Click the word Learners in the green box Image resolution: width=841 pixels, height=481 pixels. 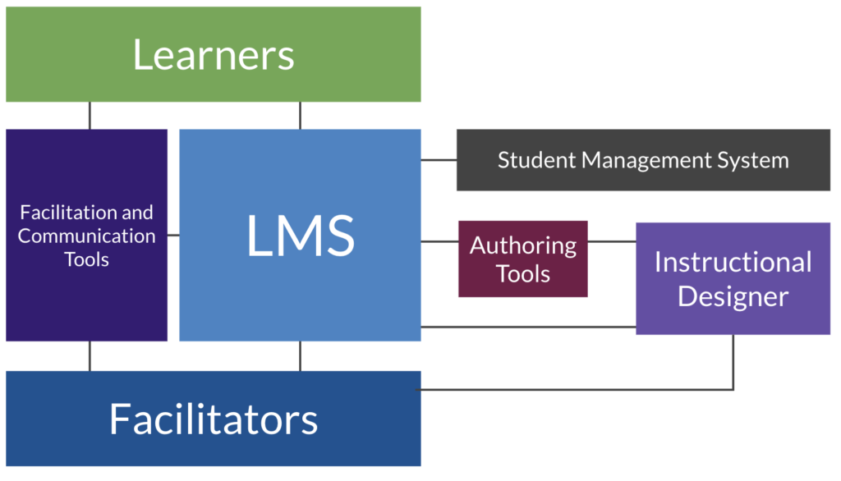point(214,55)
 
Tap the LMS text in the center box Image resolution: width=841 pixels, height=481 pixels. point(301,236)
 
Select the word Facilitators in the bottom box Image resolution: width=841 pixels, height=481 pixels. point(214,419)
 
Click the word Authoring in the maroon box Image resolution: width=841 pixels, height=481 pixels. point(523,245)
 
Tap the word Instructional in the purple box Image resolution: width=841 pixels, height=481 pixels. point(733,263)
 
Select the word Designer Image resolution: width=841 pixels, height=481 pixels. point(733,296)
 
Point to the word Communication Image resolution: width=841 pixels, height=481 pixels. point(87,236)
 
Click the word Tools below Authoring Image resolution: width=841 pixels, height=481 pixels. point(523,273)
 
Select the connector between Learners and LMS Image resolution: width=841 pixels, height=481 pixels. point(300,116)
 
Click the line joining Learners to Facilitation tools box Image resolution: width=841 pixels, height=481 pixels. point(90,116)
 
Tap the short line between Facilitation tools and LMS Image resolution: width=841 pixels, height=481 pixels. point(173,236)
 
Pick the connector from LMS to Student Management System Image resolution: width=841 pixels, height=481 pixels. point(439,160)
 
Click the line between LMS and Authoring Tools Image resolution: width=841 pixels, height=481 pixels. point(439,241)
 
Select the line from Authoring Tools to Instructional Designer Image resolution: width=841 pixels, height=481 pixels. point(612,241)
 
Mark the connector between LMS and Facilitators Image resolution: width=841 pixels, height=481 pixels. point(300,356)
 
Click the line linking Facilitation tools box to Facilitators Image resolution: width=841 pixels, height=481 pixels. point(90,356)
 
